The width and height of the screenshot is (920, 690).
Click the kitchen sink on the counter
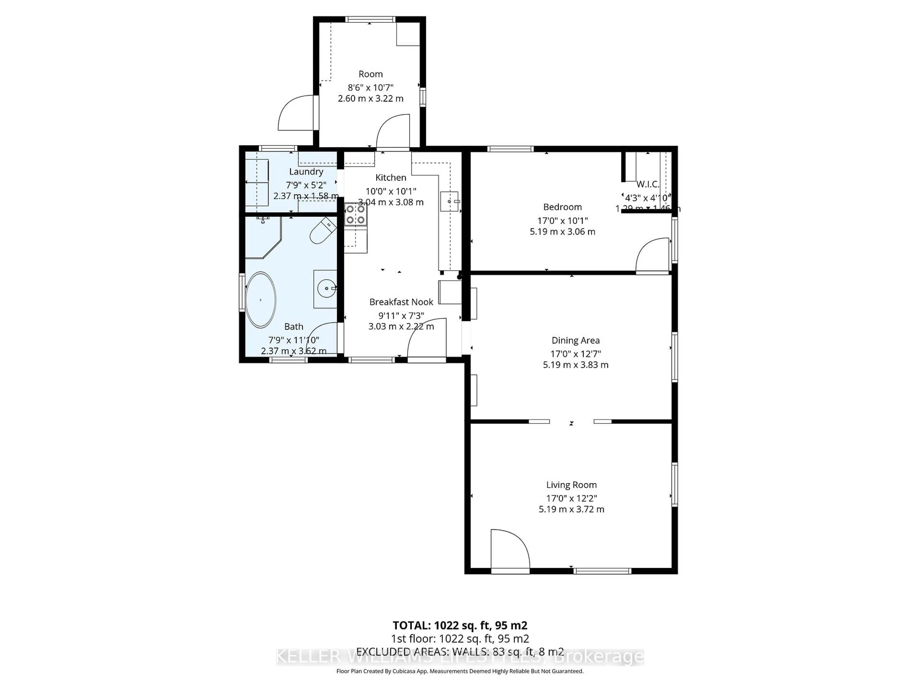pos(449,201)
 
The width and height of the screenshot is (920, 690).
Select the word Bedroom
pos(562,207)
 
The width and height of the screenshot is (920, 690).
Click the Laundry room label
pos(306,171)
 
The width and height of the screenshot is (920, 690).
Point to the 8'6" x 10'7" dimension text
pos(370,87)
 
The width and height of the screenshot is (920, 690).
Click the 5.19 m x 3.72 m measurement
pos(571,509)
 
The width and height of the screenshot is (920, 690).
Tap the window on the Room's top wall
pos(370,19)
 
